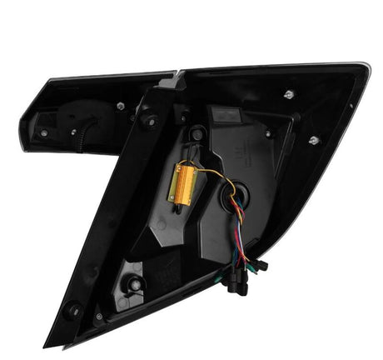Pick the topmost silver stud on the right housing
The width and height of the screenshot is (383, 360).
287,94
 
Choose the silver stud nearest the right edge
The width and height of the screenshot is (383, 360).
314,140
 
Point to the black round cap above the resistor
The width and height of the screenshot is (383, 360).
197,133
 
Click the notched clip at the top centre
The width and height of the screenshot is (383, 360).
172,80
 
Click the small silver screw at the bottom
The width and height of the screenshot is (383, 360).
100,317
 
